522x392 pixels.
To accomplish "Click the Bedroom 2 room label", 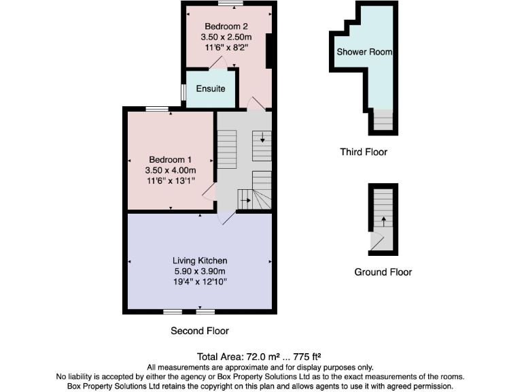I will pyautogui.click(x=227, y=26).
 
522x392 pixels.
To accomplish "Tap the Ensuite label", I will pyautogui.click(x=211, y=88).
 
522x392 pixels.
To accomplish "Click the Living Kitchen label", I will pyautogui.click(x=199, y=261).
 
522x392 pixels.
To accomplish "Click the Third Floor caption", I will pyautogui.click(x=364, y=152).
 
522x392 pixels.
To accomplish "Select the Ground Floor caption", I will pyautogui.click(x=383, y=272).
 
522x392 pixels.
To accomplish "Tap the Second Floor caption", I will pyautogui.click(x=199, y=331).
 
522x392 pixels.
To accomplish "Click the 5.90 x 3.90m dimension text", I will pyautogui.click(x=199, y=271).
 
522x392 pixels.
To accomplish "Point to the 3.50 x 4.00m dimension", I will pyautogui.click(x=170, y=170).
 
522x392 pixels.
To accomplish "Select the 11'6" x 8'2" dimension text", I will pyautogui.click(x=227, y=48).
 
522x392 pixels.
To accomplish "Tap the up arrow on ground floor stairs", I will pyautogui.click(x=383, y=221).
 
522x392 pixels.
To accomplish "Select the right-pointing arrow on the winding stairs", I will pyautogui.click(x=245, y=200).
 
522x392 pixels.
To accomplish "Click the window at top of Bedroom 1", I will pyautogui.click(x=158, y=108).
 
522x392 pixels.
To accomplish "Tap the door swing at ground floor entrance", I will pyautogui.click(x=377, y=240).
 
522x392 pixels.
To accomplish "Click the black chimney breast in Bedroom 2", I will pyautogui.click(x=269, y=51).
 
